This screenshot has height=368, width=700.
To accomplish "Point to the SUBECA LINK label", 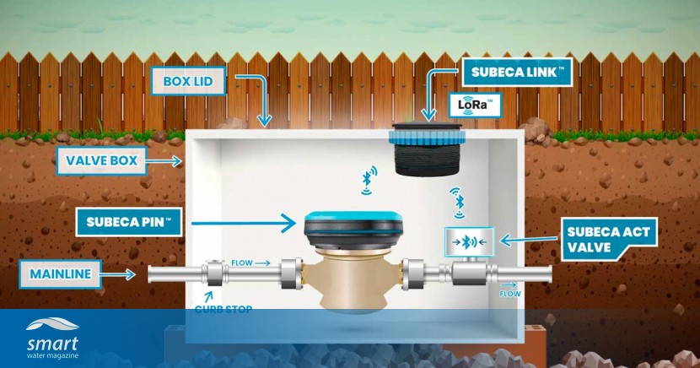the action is (517, 73).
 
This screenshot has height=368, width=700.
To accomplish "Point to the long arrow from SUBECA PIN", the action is (245, 224).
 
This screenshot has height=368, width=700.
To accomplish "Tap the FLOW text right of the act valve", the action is (509, 295).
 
